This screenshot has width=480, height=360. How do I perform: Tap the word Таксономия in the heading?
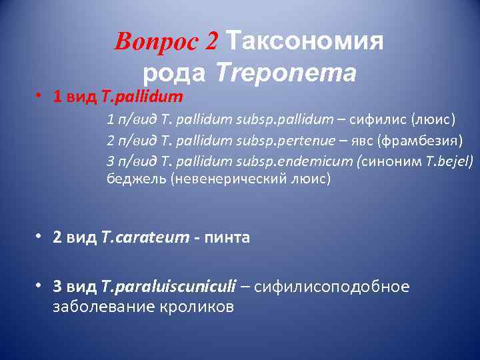(x=305, y=41)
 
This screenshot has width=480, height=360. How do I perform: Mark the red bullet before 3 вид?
(x=40, y=285)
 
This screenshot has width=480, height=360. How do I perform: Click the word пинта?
(x=229, y=238)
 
